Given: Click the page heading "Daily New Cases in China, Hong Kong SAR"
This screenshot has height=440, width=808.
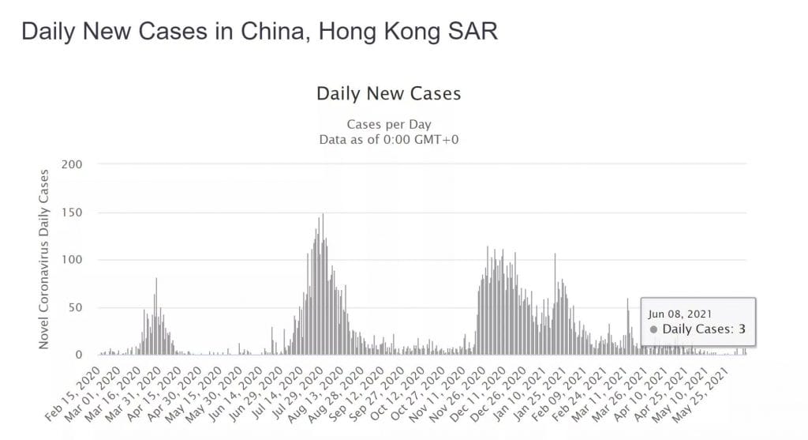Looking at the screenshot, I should [260, 32].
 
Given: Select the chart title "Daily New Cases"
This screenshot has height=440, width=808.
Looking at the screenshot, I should [388, 94].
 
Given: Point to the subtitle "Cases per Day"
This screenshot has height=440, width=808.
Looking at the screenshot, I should [388, 125].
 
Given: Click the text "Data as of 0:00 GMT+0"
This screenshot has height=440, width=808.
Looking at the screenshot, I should [388, 140].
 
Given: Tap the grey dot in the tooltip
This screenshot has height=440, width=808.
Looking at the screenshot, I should [654, 329].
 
